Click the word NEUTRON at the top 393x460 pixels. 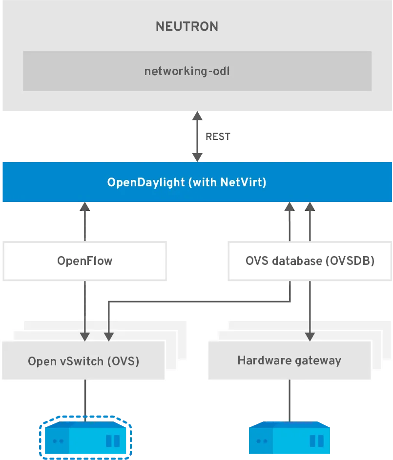pyautogui.click(x=186, y=27)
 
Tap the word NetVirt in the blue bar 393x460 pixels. pyautogui.click(x=242, y=183)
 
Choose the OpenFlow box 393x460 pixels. pyautogui.click(x=84, y=261)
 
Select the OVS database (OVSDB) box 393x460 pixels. pyautogui.click(x=310, y=261)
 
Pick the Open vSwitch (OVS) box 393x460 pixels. pyautogui.click(x=83, y=361)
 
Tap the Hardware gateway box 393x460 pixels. pyautogui.click(x=289, y=361)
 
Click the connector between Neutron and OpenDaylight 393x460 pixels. pyautogui.click(x=197, y=137)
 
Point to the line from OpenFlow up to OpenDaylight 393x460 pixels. pyautogui.click(x=84, y=222)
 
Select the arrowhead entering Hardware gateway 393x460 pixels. pyautogui.click(x=310, y=336)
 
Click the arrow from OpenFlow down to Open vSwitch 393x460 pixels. pyautogui.click(x=84, y=307)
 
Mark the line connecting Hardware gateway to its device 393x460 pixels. pyautogui.click(x=290, y=400)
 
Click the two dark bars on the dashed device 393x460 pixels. pyautogui.click(x=113, y=441)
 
